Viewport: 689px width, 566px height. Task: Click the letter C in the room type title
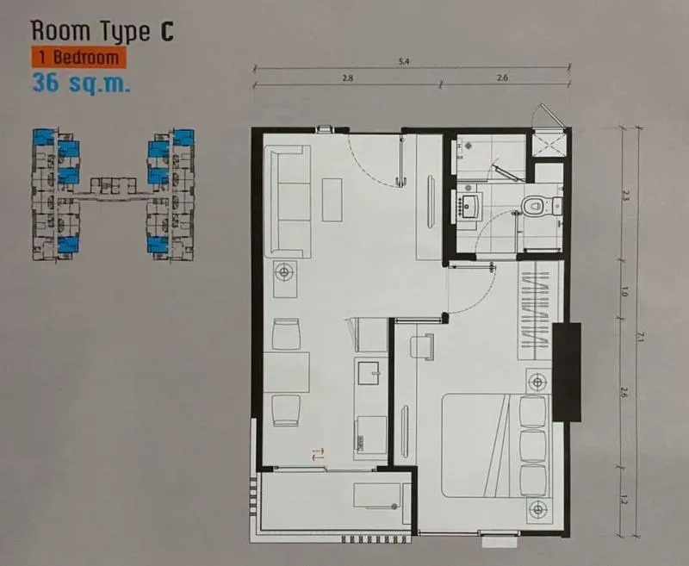tap(166, 32)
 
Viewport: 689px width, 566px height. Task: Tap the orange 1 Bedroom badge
tap(79, 58)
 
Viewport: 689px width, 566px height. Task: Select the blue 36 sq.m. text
tap(82, 83)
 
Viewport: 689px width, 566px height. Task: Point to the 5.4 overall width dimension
tap(404, 61)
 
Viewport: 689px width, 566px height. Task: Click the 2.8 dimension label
tap(348, 78)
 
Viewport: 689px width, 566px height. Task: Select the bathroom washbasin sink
tap(471, 206)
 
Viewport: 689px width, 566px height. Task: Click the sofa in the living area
tap(288, 202)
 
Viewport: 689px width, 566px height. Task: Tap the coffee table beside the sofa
tap(332, 200)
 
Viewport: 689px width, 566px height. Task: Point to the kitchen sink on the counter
tap(369, 373)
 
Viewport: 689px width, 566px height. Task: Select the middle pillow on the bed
tap(533, 445)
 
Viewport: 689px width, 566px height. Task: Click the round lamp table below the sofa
tap(285, 273)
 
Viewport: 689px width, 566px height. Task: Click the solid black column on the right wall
tap(567, 372)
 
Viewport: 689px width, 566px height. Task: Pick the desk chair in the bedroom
tap(422, 346)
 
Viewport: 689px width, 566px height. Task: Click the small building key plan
tap(114, 194)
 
